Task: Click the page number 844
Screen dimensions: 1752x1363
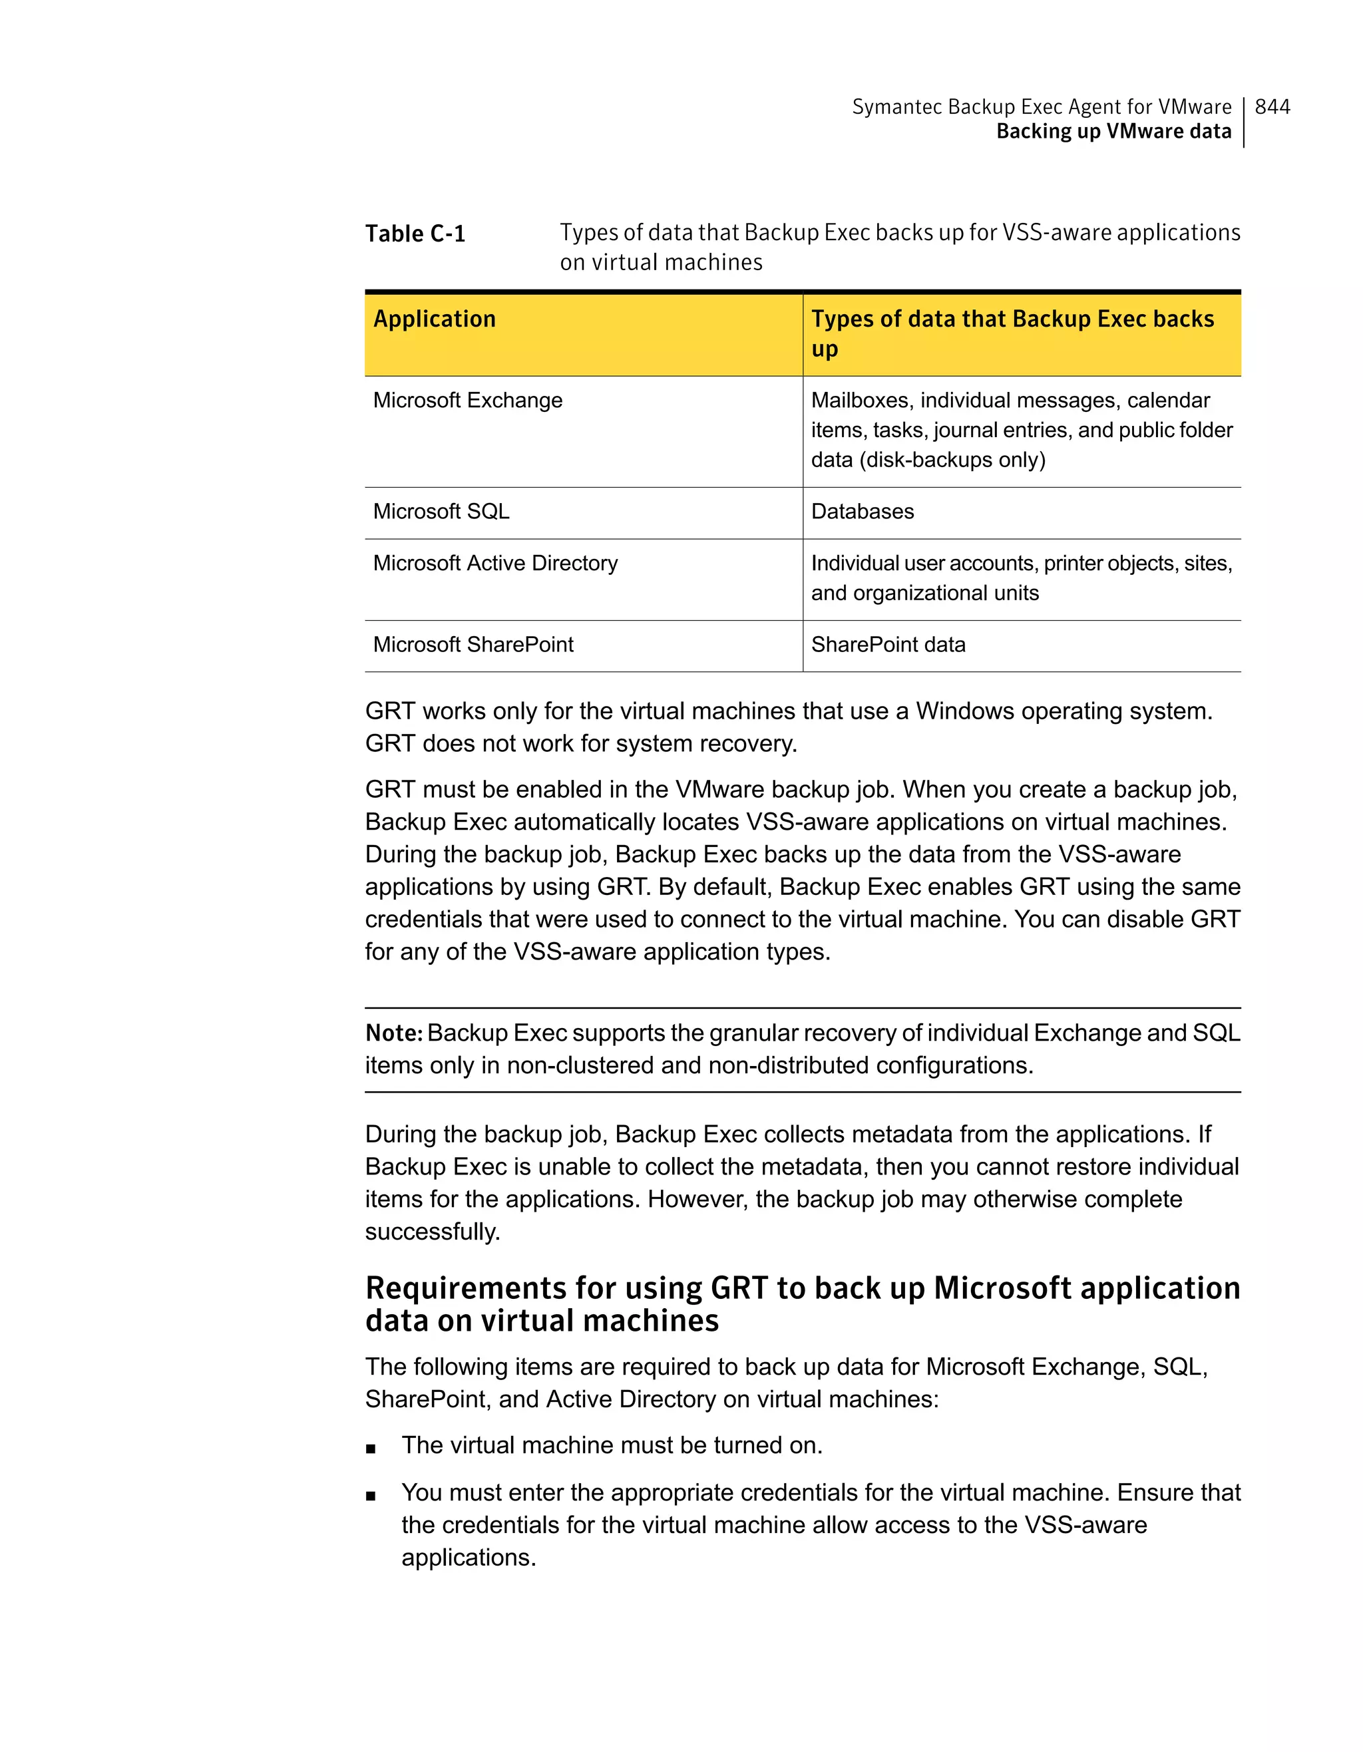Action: tap(1272, 106)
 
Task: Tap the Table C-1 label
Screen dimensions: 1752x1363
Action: tap(415, 234)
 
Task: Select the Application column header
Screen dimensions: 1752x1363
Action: tap(434, 319)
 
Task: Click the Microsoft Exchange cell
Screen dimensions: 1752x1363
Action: tap(468, 401)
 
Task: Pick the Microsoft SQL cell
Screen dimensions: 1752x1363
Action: tap(441, 512)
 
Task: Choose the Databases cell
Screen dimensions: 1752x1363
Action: tap(863, 512)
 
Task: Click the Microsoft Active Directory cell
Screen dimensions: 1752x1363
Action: tap(495, 563)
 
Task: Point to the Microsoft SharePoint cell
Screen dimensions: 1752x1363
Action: tap(473, 645)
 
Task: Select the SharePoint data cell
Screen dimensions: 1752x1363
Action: tap(888, 645)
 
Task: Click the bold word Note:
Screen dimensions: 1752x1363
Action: tap(393, 1033)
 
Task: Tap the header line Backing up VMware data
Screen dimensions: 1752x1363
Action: tap(1113, 132)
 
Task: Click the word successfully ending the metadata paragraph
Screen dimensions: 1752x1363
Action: tap(432, 1232)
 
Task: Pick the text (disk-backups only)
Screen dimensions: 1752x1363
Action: tap(954, 460)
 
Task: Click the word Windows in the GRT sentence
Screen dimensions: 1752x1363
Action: tap(964, 711)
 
